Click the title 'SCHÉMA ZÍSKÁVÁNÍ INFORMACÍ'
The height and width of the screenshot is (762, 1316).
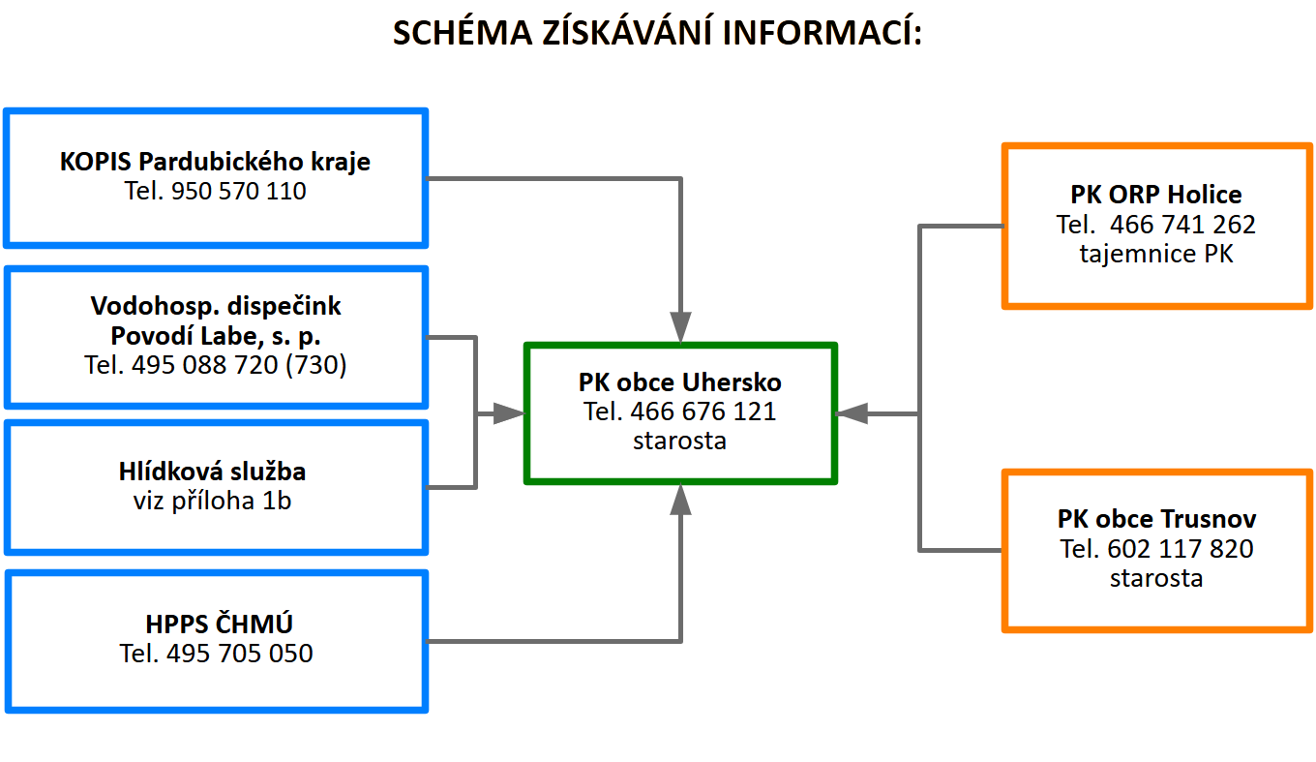coord(658,33)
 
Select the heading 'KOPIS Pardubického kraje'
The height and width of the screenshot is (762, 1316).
coord(215,161)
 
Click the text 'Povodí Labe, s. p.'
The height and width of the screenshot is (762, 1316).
coord(215,336)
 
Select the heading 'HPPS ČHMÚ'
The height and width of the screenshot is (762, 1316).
coord(215,623)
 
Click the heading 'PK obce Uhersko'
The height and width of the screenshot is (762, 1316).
coord(680,381)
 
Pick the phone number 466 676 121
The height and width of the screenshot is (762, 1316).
coord(703,411)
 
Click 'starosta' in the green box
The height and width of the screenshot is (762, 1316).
coord(680,441)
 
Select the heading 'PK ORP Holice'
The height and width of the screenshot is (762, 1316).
coord(1156,195)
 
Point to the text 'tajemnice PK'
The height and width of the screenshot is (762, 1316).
coord(1156,255)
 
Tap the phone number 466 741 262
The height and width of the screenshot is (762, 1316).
coord(1182,225)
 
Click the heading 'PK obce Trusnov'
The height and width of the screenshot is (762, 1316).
coord(1156,519)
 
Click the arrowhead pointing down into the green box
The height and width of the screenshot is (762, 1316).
coord(681,325)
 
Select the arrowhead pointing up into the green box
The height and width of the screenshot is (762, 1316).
coord(681,501)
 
